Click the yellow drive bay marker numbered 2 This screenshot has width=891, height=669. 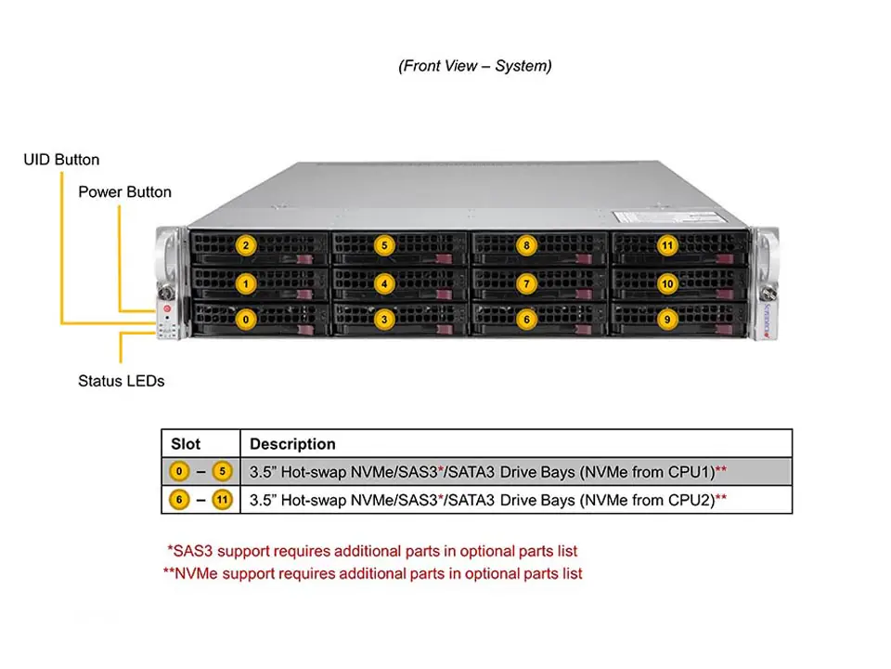[x=245, y=246]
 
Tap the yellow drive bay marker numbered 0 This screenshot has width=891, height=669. [x=245, y=319]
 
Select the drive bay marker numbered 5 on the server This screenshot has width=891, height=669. [x=385, y=246]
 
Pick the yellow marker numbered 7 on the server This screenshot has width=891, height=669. [x=526, y=282]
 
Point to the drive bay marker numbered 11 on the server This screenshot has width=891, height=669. [x=667, y=246]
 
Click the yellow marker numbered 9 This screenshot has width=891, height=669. [x=667, y=319]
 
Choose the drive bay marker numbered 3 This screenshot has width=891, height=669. [x=385, y=319]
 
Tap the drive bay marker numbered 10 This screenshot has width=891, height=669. [x=667, y=282]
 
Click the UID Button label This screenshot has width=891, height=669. [x=61, y=160]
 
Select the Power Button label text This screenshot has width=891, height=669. [x=124, y=192]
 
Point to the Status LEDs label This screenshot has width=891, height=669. [x=121, y=381]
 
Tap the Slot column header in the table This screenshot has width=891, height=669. [x=186, y=444]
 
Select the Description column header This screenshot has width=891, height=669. [x=292, y=444]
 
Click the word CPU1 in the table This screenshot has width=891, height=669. [x=689, y=472]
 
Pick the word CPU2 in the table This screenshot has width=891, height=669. [x=689, y=501]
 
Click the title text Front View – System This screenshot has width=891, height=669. [x=474, y=66]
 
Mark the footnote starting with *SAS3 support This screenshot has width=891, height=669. [x=371, y=551]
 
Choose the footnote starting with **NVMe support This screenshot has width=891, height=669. [x=372, y=574]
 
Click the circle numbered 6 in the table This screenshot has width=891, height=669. [x=179, y=501]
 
